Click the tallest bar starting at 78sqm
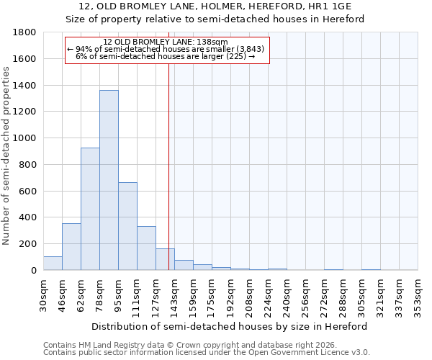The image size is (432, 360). click(x=109, y=180)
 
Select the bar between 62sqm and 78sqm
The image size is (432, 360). click(x=90, y=209)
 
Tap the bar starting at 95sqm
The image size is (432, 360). click(x=127, y=226)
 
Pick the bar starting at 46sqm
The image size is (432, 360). click(x=71, y=246)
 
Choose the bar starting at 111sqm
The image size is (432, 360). click(x=146, y=248)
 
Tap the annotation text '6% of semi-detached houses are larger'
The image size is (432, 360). click(x=165, y=56)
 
